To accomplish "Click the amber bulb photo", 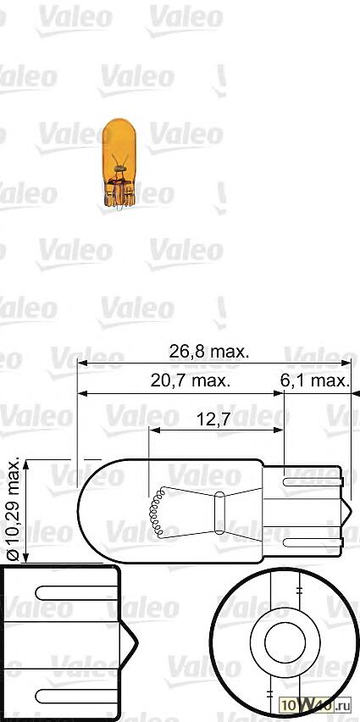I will pos(119,163).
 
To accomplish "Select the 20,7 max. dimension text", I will pos(191,380).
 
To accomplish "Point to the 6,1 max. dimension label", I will pos(314,380).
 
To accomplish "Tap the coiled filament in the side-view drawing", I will pos(156,513).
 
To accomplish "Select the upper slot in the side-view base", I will pos(315,482).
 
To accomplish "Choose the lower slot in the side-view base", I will pos(315,540).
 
